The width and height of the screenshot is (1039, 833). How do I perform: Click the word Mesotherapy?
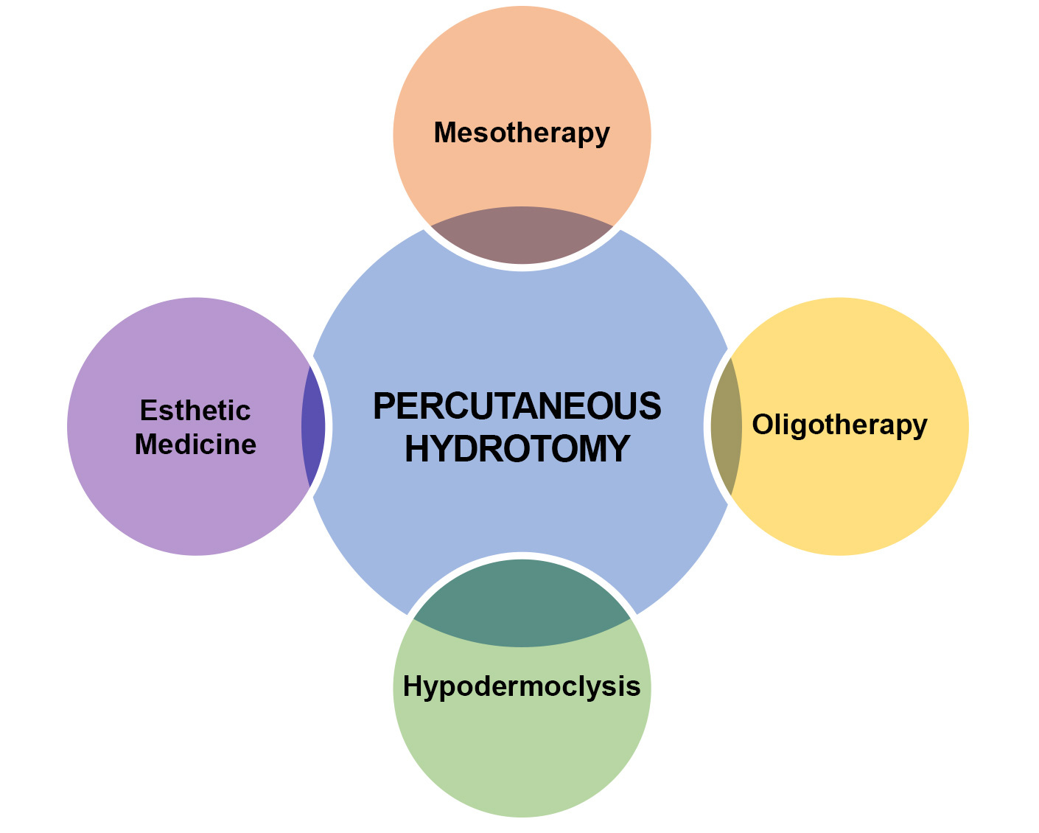click(522, 133)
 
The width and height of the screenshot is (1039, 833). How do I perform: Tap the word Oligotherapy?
click(839, 425)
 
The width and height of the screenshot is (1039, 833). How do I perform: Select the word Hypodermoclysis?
click(522, 686)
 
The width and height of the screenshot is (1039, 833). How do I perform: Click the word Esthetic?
click(195, 410)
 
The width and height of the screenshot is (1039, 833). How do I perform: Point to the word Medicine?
click(195, 445)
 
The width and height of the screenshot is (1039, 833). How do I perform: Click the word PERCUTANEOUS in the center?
click(517, 406)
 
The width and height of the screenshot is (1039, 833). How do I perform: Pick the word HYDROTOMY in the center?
click(517, 448)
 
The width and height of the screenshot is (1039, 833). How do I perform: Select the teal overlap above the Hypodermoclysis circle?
click(522, 604)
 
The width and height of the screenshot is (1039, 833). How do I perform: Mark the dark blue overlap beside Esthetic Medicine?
click(312, 426)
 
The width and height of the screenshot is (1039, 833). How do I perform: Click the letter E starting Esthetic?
click(147, 410)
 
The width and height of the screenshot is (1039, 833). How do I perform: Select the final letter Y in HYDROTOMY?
click(618, 448)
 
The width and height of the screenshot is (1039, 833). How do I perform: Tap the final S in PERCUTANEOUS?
click(651, 406)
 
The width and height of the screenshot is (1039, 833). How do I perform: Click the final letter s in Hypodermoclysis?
click(634, 686)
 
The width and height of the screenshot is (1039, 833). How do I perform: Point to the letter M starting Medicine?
click(145, 445)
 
